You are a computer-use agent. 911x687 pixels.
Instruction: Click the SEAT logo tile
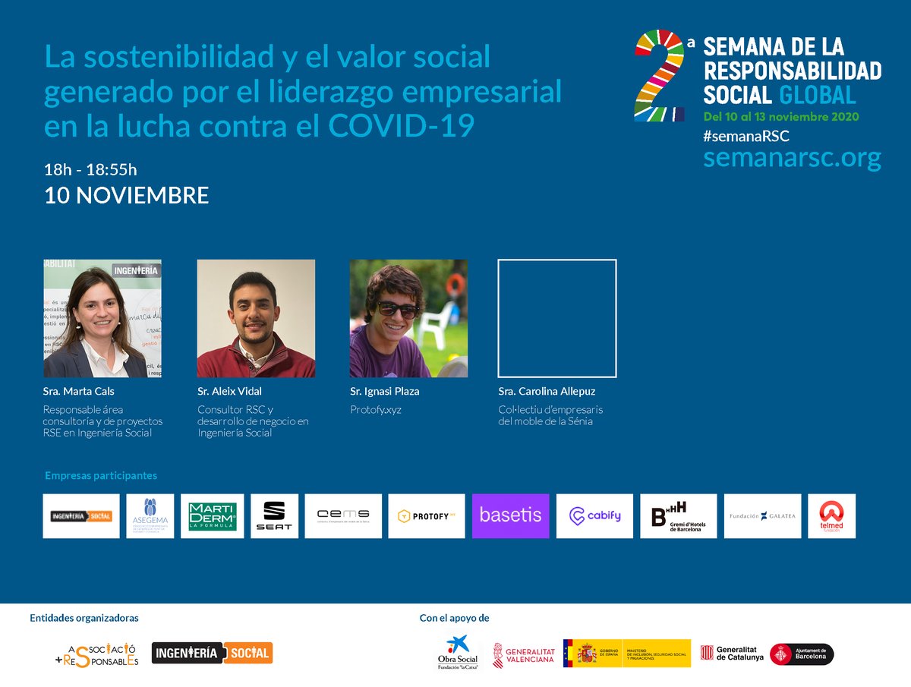click(x=274, y=516)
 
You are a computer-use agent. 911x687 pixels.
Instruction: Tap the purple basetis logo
click(x=510, y=516)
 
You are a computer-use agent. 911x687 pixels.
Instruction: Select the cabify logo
click(x=594, y=516)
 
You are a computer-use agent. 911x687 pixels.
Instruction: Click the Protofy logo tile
click(x=426, y=516)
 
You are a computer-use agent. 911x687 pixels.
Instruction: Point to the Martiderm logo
click(x=213, y=516)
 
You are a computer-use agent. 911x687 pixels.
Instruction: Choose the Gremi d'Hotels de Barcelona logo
click(x=678, y=516)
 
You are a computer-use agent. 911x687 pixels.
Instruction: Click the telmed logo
click(x=831, y=516)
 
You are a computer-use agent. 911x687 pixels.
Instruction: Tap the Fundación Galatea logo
click(x=761, y=516)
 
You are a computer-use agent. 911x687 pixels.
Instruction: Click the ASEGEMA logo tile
click(x=150, y=516)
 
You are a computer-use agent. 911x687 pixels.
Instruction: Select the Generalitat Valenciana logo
click(x=524, y=654)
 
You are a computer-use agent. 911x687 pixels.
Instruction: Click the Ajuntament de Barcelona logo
click(x=802, y=654)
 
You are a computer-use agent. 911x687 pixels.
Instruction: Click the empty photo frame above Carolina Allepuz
click(x=557, y=318)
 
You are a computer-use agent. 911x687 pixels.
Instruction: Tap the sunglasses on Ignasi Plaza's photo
click(x=398, y=310)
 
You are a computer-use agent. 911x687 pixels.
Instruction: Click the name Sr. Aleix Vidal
click(x=229, y=392)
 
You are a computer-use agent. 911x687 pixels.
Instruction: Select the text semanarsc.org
click(x=792, y=159)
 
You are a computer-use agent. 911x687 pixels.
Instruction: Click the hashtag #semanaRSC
click(x=746, y=137)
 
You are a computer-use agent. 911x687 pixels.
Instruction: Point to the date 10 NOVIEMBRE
click(x=127, y=196)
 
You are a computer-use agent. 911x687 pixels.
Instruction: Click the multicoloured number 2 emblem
click(x=659, y=76)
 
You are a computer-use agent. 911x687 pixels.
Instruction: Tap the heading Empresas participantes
click(x=101, y=476)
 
